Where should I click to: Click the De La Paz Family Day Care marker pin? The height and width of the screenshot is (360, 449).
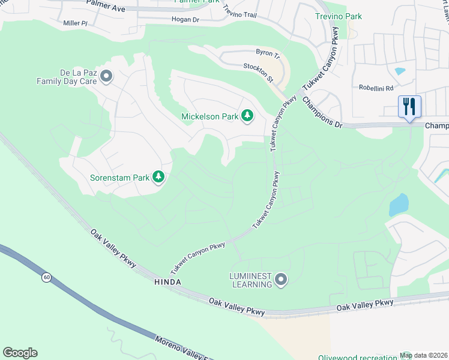coord(106,76)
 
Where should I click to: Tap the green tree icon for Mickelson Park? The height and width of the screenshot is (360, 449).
coord(247,116)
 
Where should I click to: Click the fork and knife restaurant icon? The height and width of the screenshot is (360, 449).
coord(409,107)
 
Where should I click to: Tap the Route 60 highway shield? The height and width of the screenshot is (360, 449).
coord(46,278)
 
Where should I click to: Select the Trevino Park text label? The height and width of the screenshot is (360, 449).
coord(339,17)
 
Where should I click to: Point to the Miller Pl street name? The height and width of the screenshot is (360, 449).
coord(76,23)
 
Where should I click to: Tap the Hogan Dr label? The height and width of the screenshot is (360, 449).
coord(185,20)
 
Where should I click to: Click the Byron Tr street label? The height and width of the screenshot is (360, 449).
coord(268,53)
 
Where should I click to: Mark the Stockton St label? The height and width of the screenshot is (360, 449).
coord(258,71)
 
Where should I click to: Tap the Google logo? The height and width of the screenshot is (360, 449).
coord(20,353)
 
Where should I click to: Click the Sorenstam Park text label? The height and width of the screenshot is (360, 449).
coord(120,178)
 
